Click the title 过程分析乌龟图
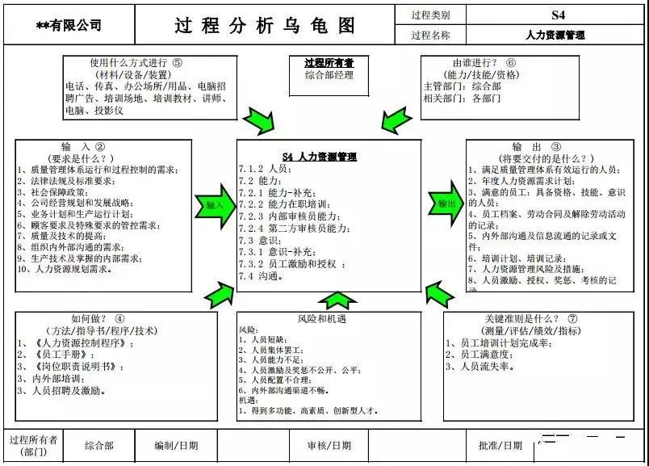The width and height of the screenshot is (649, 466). click(x=265, y=25)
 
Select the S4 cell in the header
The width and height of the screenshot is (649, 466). click(x=558, y=15)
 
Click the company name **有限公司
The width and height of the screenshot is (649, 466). click(x=69, y=25)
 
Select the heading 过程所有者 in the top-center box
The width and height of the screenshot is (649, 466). click(x=329, y=62)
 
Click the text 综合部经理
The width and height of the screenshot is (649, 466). click(x=329, y=75)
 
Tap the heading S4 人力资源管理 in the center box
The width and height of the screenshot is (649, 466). click(x=320, y=157)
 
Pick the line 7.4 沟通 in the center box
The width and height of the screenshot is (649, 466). click(x=261, y=276)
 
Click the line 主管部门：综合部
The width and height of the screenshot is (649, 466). click(x=462, y=86)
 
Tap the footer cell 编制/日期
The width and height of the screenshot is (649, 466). click(x=176, y=445)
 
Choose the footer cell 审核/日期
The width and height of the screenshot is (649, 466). click(x=329, y=445)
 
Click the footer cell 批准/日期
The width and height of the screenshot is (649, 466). click(x=500, y=445)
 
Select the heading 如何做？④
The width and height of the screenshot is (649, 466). click(x=98, y=319)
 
